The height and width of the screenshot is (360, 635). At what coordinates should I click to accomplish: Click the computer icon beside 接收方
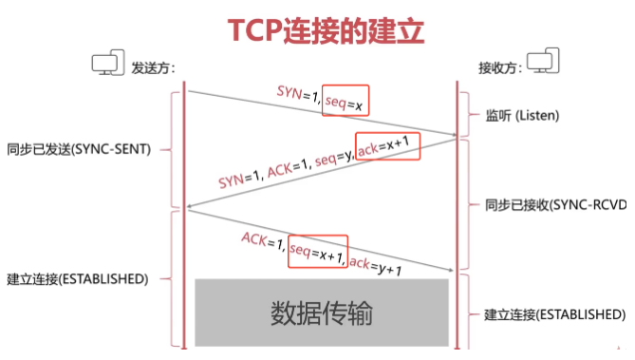[x=543, y=62]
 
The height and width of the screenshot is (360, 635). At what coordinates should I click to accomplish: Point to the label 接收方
[x=499, y=67]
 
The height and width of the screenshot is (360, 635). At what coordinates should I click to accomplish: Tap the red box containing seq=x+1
[x=318, y=252]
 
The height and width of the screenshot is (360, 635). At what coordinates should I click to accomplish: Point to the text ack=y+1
[x=377, y=265]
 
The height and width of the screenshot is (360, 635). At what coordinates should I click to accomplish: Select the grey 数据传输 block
[x=322, y=312]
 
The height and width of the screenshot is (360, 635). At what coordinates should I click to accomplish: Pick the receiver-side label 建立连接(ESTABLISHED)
[x=555, y=314]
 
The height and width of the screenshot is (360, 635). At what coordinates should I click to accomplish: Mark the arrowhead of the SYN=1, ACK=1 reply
[x=191, y=206]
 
